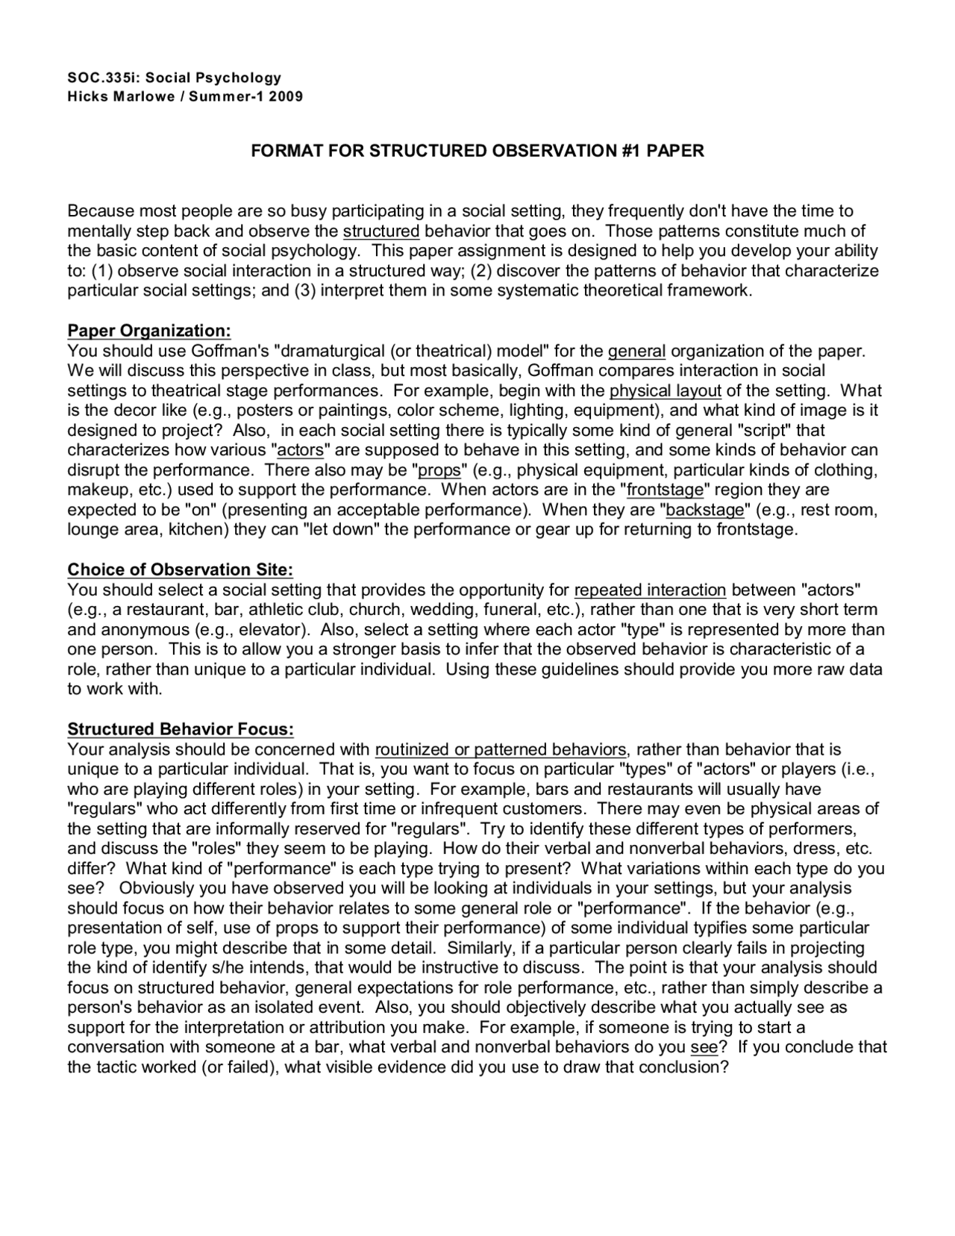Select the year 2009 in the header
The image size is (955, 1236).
(286, 96)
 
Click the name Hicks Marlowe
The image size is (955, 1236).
(116, 96)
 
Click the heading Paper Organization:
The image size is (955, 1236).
(149, 331)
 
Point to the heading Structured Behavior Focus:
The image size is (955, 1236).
(181, 728)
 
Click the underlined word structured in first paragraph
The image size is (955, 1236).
(381, 231)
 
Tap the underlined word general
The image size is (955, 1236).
(636, 351)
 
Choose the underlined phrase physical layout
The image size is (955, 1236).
(666, 390)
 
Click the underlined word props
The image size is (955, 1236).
(439, 470)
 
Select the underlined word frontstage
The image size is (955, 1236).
(665, 490)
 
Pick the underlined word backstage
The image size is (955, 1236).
(705, 510)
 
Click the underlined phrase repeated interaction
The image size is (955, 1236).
(650, 590)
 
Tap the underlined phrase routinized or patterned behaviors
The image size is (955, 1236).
(501, 749)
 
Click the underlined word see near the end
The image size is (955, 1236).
(704, 1047)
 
